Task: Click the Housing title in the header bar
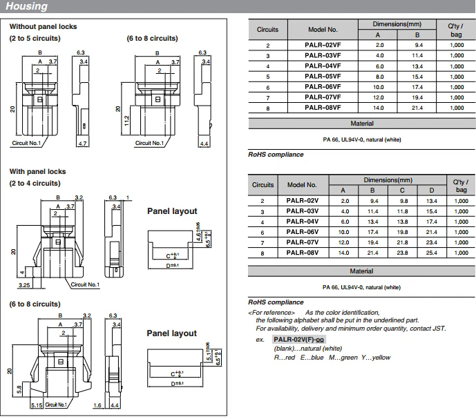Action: click(x=27, y=6)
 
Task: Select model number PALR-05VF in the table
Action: click(x=323, y=77)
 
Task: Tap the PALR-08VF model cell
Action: click(x=323, y=108)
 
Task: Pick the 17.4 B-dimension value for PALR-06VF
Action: click(x=417, y=87)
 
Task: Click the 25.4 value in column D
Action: click(x=431, y=253)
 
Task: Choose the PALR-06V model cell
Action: click(x=303, y=232)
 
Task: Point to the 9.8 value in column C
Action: click(x=402, y=201)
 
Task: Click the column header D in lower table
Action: click(x=431, y=191)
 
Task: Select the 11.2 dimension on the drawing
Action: click(x=127, y=121)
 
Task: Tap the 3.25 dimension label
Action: click(x=24, y=285)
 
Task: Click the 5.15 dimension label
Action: click(x=37, y=405)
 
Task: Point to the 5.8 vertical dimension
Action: click(x=19, y=389)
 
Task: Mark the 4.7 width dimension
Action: click(x=83, y=144)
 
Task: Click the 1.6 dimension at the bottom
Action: click(x=97, y=405)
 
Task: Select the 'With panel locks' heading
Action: click(x=37, y=171)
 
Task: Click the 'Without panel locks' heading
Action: click(x=43, y=26)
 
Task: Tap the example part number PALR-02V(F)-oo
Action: click(x=298, y=340)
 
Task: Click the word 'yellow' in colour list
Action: click(x=381, y=358)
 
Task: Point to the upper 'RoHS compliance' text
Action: click(x=276, y=155)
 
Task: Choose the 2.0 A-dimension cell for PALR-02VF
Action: click(x=379, y=45)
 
